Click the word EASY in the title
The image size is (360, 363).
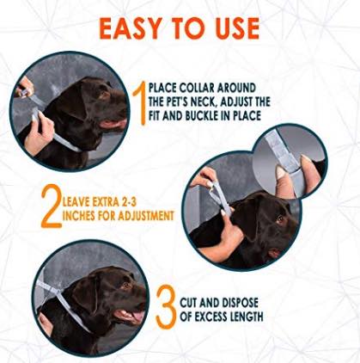[130, 28]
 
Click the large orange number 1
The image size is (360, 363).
[141, 104]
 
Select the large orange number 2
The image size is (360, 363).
[52, 207]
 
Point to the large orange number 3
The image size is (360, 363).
[166, 307]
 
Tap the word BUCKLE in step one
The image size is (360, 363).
[204, 115]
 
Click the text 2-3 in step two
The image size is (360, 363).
[128, 202]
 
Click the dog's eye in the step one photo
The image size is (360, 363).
[102, 95]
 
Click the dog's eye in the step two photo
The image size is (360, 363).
[280, 219]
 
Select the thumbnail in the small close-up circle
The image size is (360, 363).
[281, 173]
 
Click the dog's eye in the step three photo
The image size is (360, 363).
[125, 285]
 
